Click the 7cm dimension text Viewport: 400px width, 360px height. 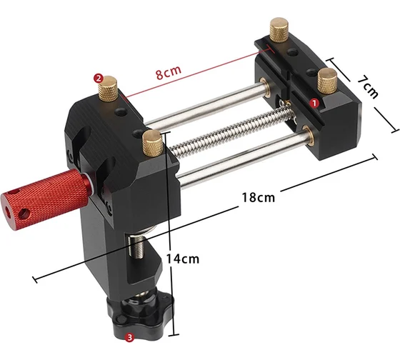[x=370, y=86]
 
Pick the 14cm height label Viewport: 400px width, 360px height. [x=180, y=259]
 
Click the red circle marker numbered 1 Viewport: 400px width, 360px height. [x=312, y=102]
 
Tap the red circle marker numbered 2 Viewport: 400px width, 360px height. [x=99, y=79]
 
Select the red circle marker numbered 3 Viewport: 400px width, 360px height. [x=129, y=336]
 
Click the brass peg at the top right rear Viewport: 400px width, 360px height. [x=279, y=34]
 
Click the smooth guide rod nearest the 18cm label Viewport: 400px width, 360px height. [x=243, y=159]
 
